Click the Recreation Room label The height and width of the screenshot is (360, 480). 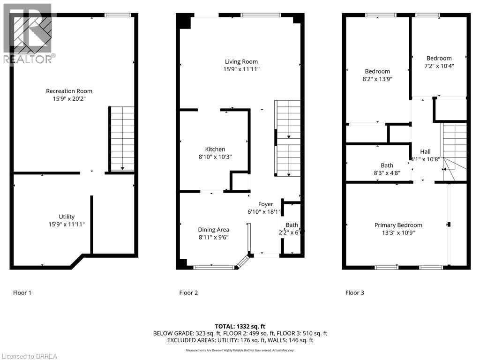click(x=69, y=91)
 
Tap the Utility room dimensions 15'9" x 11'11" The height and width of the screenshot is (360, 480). click(x=67, y=224)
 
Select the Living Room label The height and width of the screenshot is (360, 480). click(x=241, y=62)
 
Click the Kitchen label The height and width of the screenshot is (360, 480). click(x=215, y=150)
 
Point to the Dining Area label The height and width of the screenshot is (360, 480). click(x=213, y=230)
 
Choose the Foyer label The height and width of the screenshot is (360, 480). click(x=265, y=204)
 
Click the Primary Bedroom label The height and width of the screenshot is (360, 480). click(x=398, y=225)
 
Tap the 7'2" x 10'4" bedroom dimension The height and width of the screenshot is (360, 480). click(x=439, y=66)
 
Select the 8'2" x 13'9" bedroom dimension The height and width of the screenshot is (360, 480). click(x=377, y=79)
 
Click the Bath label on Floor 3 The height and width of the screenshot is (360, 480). click(x=387, y=165)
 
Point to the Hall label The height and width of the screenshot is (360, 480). click(x=425, y=152)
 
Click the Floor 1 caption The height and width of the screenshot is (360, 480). click(x=22, y=293)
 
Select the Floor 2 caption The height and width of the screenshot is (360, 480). click(x=188, y=293)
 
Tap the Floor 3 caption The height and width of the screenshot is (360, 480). click(x=354, y=293)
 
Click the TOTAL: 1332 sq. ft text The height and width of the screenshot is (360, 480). click(x=240, y=326)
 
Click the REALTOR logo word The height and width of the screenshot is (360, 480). click(x=28, y=59)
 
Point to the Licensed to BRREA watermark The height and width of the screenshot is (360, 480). click(x=29, y=356)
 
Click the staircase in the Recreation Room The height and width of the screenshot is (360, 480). click(x=122, y=139)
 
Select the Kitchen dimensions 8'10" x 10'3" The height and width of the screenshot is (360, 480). click(x=215, y=157)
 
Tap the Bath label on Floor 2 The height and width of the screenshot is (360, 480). click(x=292, y=225)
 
